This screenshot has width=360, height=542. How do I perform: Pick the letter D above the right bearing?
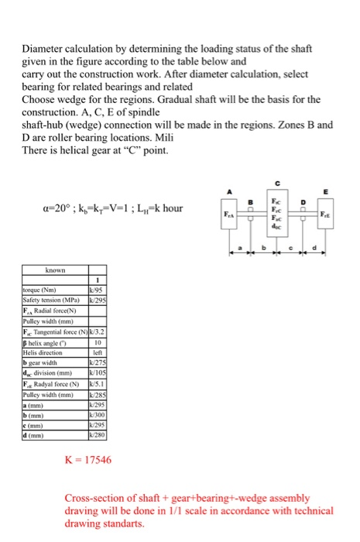[x=303, y=203]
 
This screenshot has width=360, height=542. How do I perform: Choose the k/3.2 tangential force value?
[x=98, y=332]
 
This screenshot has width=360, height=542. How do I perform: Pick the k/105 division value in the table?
[x=98, y=369]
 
